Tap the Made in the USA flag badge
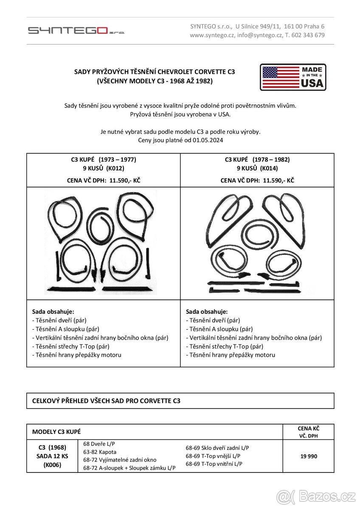293,77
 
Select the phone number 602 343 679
309,35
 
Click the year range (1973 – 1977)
117,159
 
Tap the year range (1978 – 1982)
271,159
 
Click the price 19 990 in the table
308,456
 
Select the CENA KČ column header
309,428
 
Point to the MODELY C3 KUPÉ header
56,432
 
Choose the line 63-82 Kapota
100,452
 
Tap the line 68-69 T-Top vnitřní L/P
214,464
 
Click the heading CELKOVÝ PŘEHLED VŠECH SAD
106,401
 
